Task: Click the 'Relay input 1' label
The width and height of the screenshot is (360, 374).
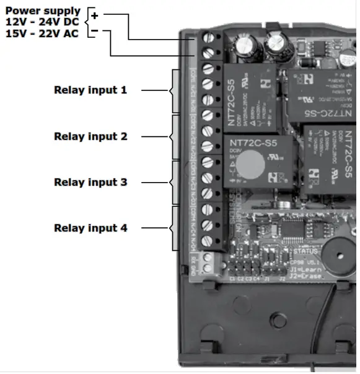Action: (x=90, y=90)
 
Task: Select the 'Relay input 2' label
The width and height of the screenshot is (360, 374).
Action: (x=90, y=136)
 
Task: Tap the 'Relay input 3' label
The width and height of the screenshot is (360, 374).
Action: (x=90, y=182)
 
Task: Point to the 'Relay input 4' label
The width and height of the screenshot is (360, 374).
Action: (x=90, y=228)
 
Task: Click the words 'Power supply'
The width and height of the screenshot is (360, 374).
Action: (x=43, y=11)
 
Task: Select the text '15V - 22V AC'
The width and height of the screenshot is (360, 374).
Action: (x=42, y=33)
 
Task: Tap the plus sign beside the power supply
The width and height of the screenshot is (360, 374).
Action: (x=94, y=15)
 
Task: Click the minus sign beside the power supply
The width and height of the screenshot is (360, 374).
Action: (x=94, y=30)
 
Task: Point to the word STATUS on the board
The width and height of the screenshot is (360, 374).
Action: (x=305, y=251)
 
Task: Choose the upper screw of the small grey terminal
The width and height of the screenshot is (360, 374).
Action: (x=208, y=256)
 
